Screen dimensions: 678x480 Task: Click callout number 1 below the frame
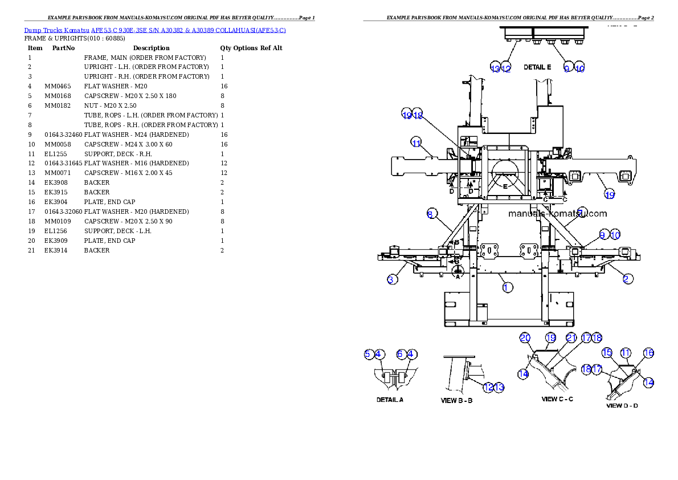[508, 287]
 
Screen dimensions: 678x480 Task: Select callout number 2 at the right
[627, 279]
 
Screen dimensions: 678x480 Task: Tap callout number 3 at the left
[392, 279]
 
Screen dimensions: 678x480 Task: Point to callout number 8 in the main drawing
[431, 214]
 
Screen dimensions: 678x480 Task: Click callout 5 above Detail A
[369, 354]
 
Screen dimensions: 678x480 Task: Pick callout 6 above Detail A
[401, 354]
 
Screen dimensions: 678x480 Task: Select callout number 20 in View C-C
[525, 337]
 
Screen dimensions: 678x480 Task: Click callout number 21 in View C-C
[571, 337]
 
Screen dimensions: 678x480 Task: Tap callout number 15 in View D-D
[607, 353]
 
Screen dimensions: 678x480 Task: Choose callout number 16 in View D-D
[648, 353]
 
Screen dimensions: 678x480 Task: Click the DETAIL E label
[537, 67]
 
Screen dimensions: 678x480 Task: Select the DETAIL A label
[390, 400]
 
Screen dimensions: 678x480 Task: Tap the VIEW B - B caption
[456, 400]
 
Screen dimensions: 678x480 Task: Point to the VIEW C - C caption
[557, 399]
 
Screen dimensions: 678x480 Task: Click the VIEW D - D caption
[622, 406]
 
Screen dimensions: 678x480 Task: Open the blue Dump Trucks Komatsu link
[155, 30]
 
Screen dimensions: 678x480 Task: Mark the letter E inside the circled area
[505, 186]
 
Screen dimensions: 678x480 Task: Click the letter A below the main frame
[457, 276]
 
